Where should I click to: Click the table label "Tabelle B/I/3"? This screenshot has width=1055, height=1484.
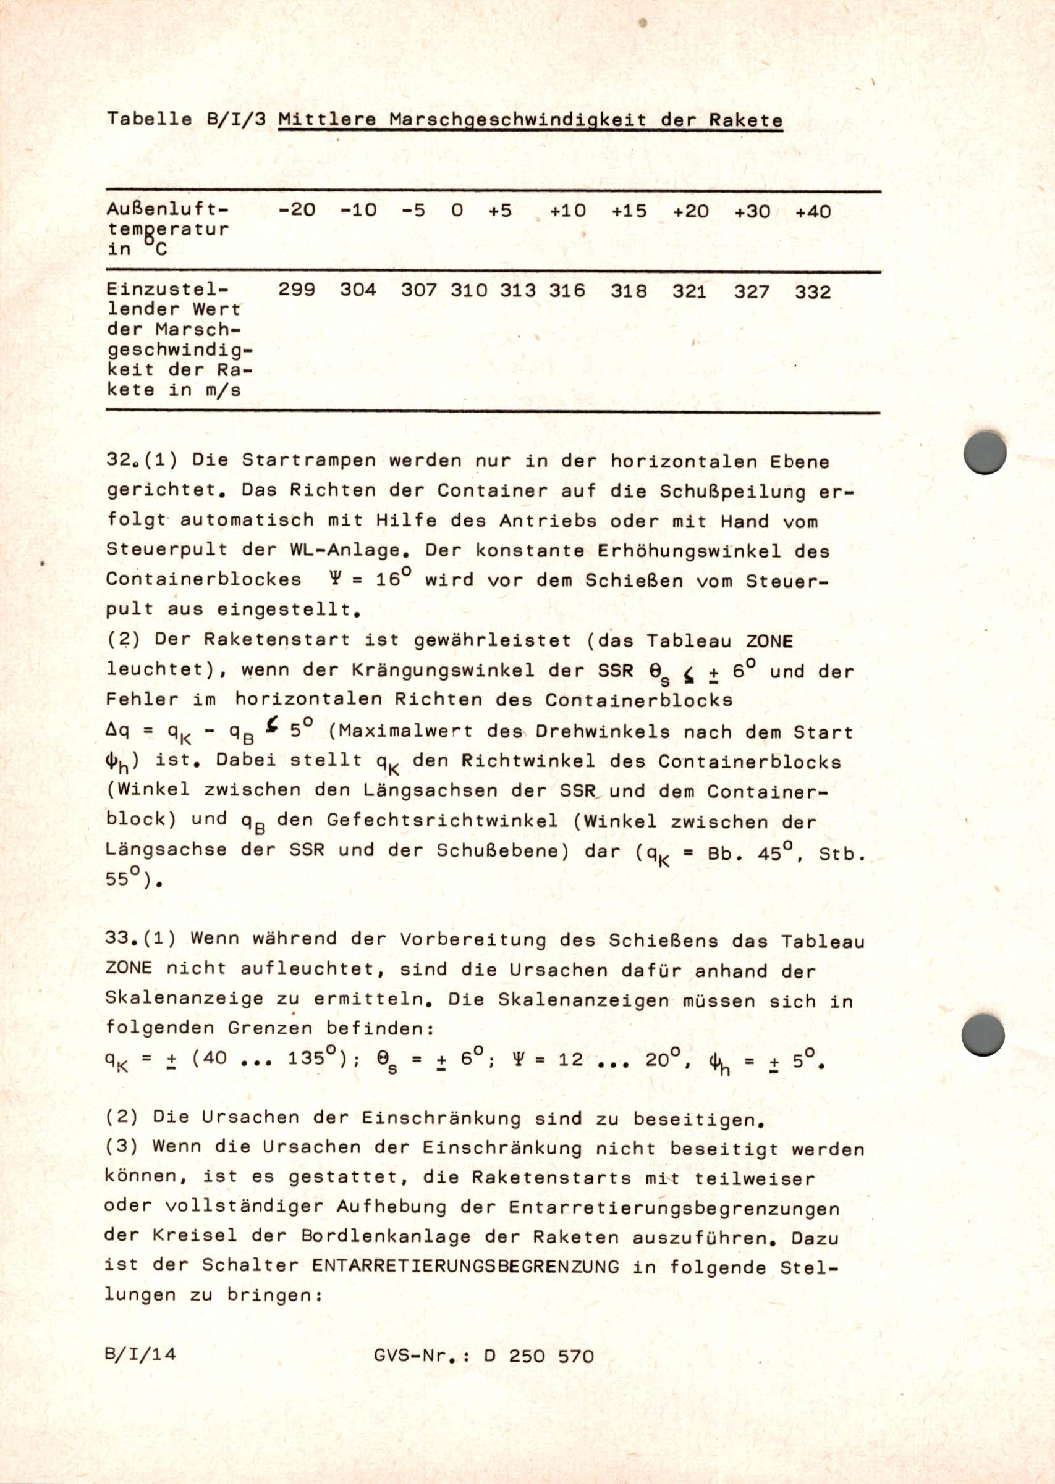coord(187,119)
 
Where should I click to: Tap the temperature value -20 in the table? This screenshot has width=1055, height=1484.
coord(296,211)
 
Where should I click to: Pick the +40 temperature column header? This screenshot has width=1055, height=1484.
coord(813,212)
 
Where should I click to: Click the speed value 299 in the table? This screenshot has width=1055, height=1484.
coord(296,290)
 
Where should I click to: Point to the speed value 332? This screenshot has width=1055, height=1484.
coord(813,291)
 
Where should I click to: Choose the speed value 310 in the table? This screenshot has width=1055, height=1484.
coord(468,290)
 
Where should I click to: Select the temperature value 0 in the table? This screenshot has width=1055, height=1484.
coord(457,211)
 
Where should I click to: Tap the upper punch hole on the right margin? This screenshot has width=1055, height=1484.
coord(985,452)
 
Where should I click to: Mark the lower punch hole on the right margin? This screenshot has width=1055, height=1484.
coord(983,1035)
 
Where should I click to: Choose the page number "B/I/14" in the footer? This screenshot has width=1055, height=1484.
coord(140,1354)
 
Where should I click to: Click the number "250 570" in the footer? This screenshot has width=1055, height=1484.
coord(551,1356)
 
